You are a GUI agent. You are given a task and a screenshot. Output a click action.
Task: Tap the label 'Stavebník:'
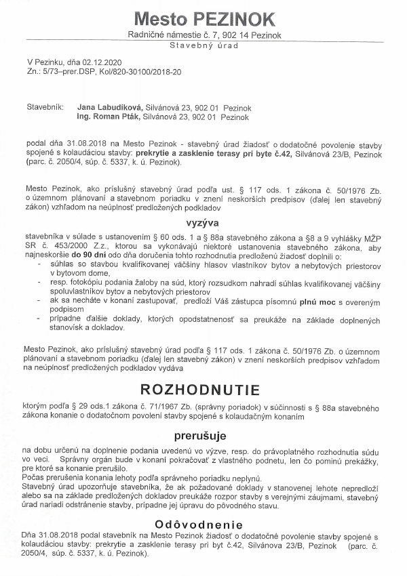[x=45, y=108]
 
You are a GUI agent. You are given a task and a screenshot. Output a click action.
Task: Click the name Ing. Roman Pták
[x=109, y=117]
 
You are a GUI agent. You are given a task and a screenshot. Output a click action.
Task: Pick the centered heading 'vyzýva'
[x=203, y=222]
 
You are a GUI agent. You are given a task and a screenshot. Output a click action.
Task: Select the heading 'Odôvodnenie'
[x=203, y=524]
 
